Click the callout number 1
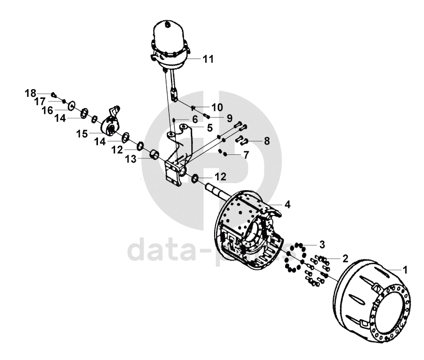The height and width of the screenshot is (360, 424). (x=405, y=269)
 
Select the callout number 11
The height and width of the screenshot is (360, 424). (x=208, y=59)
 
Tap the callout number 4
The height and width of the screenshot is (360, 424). (x=287, y=205)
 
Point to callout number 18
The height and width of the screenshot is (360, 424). (x=31, y=93)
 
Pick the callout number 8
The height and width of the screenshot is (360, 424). (x=266, y=140)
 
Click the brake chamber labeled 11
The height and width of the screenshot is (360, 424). (x=168, y=44)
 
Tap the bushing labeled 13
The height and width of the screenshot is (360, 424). (x=153, y=155)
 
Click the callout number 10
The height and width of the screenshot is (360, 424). (x=217, y=107)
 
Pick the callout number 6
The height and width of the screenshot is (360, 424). (x=194, y=119)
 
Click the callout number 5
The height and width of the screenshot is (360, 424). (x=209, y=127)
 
